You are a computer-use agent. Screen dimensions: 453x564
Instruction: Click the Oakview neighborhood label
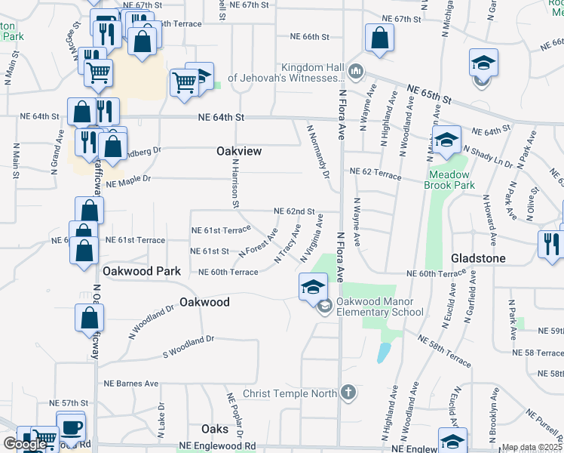pos(238,152)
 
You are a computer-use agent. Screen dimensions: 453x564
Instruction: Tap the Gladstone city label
pos(477,257)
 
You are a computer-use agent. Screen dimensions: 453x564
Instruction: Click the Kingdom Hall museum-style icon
pos(356,72)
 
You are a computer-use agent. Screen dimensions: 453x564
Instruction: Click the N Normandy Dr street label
pos(317,151)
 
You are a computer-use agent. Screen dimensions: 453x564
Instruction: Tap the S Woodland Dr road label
pos(189,347)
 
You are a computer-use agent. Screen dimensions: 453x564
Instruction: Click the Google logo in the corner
pos(25,445)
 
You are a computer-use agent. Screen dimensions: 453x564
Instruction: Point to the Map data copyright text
pos(531,448)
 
